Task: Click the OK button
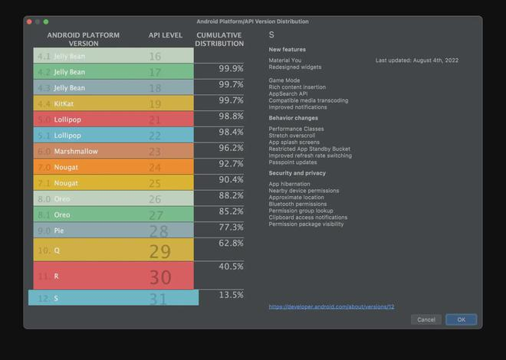point(461,319)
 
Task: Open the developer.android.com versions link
point(331,306)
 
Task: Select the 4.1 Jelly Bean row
point(113,56)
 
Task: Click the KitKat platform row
point(113,103)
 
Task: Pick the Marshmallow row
point(113,151)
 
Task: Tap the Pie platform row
point(113,230)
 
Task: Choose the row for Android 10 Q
point(113,250)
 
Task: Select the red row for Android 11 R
point(113,276)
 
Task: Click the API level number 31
point(158,299)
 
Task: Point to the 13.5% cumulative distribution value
point(231,295)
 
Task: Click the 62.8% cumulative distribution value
point(231,243)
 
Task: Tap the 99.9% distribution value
point(231,68)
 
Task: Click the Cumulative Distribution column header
point(219,39)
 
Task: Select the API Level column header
point(166,35)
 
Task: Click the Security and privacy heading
point(297,173)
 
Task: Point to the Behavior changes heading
point(293,118)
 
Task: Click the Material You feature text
point(285,60)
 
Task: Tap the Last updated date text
point(416,60)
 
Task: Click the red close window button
point(29,21)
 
